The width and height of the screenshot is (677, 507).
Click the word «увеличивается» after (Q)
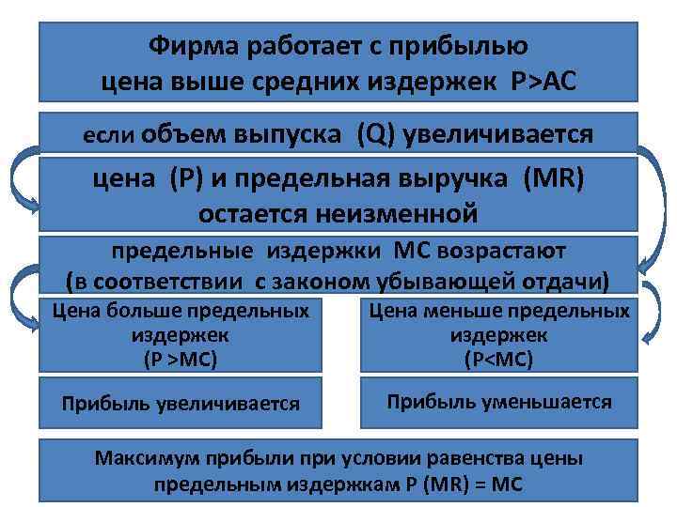pos(502,134)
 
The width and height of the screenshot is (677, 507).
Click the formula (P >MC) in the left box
pos(180,358)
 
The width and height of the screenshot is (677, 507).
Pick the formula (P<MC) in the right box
pos(498,358)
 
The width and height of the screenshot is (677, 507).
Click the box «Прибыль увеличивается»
pos(181,404)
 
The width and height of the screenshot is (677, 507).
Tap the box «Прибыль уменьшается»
pos(498,403)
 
